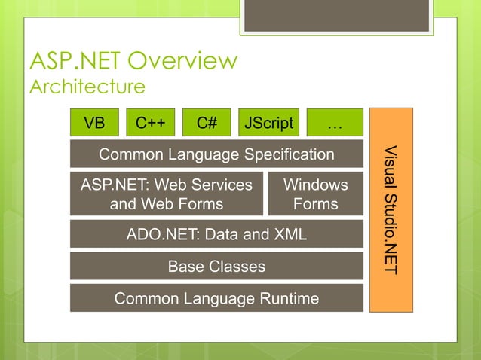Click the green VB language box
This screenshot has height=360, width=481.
(94, 122)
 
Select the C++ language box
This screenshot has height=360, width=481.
(151, 122)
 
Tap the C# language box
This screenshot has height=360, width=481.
(207, 122)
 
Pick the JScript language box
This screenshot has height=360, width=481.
(269, 122)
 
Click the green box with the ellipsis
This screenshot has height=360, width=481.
(334, 122)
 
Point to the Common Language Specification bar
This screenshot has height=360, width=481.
(216, 154)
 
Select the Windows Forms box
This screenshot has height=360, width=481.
(315, 194)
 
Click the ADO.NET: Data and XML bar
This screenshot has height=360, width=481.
(216, 234)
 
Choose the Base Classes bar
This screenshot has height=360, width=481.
(216, 266)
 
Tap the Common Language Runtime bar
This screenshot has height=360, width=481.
(216, 298)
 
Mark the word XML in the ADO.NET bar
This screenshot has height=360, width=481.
(290, 234)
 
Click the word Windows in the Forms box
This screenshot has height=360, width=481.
(315, 185)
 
